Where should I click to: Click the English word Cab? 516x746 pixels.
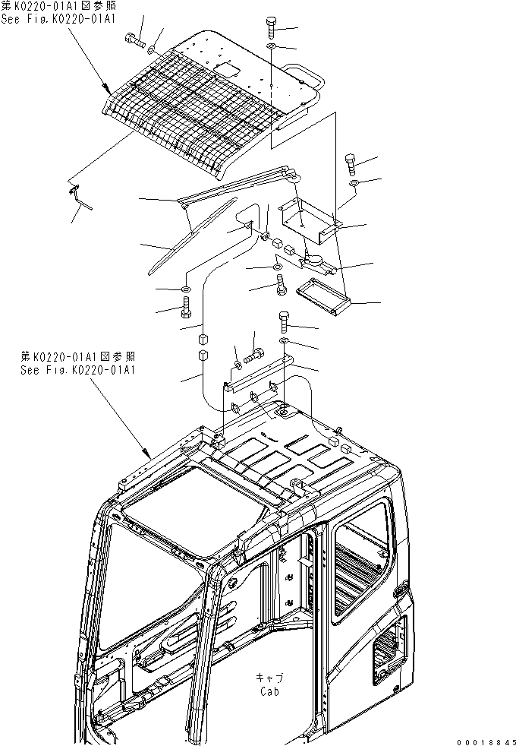click(x=268, y=691)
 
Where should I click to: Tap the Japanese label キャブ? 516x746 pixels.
click(x=268, y=678)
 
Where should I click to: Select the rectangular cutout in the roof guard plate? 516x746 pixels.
click(x=226, y=70)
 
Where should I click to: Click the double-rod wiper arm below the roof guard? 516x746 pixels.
click(x=235, y=186)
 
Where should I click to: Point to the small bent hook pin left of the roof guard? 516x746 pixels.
click(x=79, y=195)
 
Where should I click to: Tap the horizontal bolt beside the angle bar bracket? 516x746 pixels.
click(x=253, y=353)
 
